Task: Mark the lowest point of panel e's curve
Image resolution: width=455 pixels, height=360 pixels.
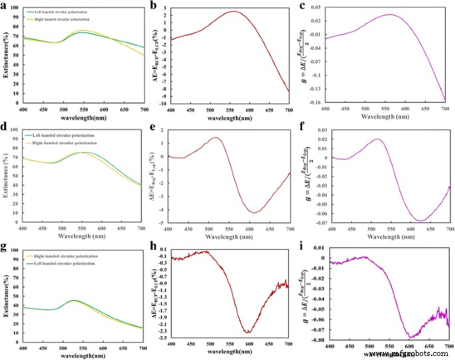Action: point(254,213)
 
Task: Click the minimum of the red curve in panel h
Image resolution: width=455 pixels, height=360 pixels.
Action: point(248,332)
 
